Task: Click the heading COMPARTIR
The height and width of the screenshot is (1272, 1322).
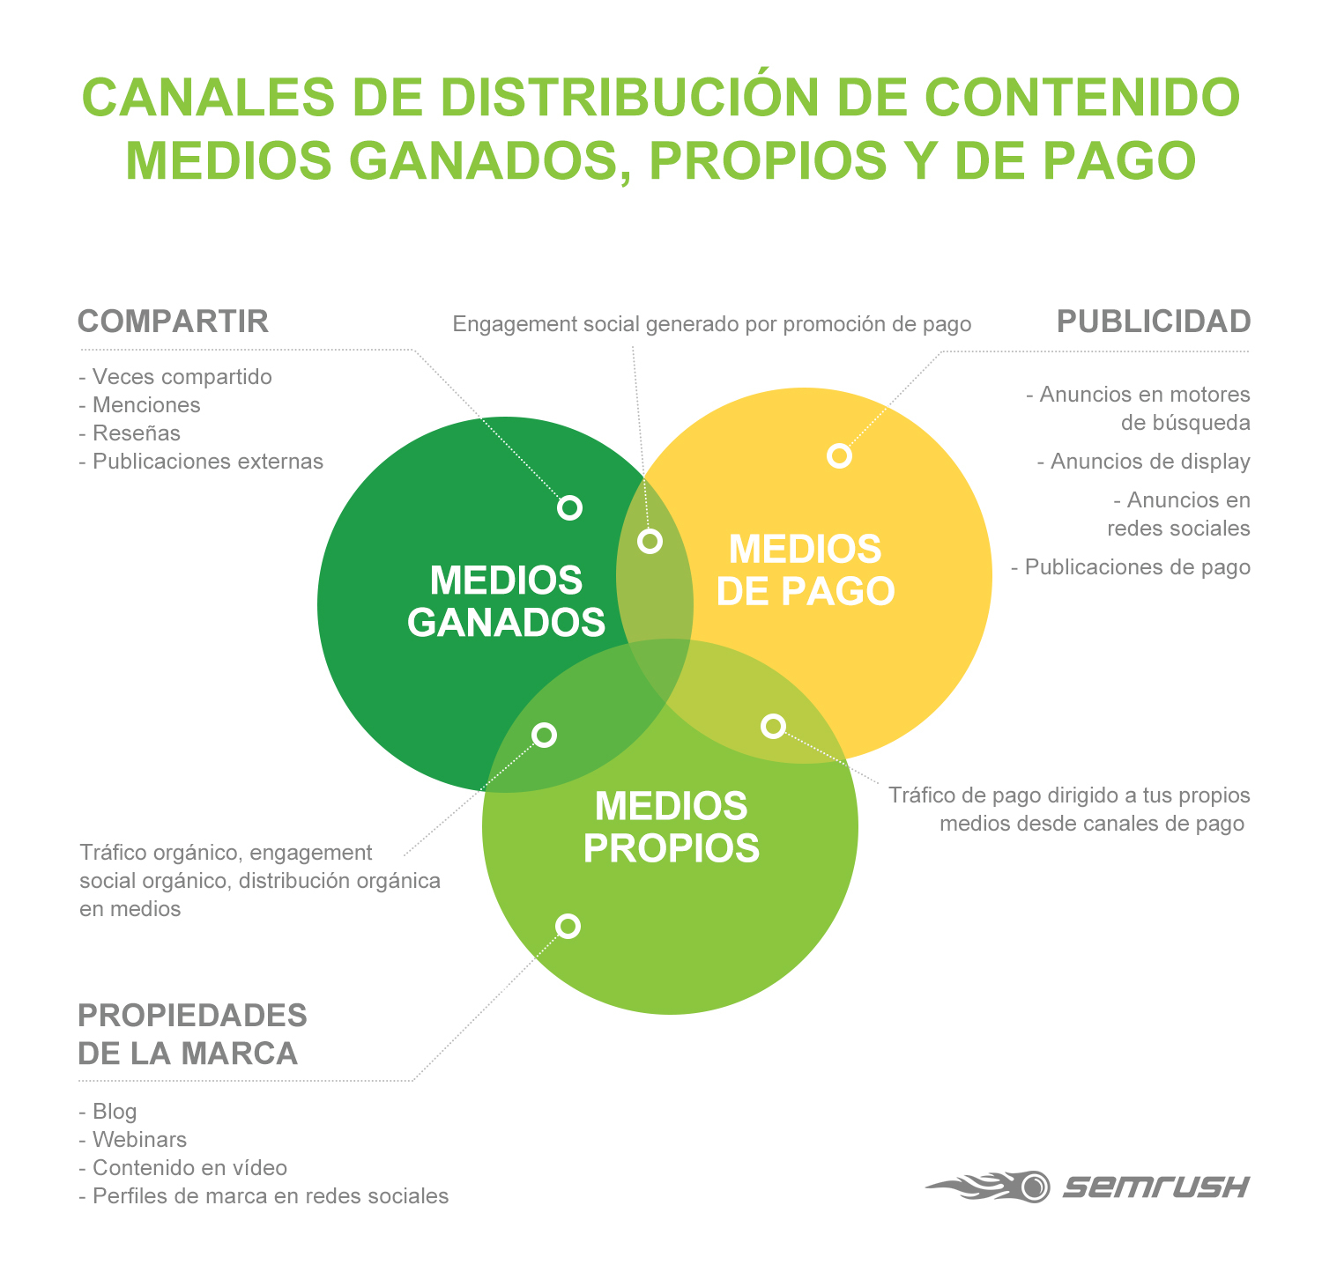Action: point(173,322)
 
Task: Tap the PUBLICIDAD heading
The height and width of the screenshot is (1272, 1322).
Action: point(1154,322)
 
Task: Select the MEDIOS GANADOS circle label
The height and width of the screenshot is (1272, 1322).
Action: point(506,601)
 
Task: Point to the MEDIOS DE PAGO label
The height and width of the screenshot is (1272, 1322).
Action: point(806,570)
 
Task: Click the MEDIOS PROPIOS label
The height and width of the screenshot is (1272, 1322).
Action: point(672,827)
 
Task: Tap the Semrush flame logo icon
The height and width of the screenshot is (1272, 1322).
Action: point(988,1186)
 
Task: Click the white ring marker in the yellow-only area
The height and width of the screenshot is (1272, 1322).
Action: point(839,455)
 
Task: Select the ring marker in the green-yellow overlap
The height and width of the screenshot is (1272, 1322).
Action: point(650,541)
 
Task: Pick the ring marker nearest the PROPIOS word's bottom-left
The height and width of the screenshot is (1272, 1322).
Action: point(568,926)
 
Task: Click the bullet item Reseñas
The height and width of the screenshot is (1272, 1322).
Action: point(130,433)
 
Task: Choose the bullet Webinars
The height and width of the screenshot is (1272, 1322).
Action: point(133,1140)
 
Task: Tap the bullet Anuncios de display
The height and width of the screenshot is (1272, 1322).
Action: point(1144,462)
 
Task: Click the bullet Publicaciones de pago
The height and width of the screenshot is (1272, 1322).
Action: point(1131,566)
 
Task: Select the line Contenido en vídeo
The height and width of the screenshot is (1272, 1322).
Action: point(183,1168)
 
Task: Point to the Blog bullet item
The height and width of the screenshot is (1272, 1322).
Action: point(108,1112)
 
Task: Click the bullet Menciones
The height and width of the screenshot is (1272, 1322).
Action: point(139,405)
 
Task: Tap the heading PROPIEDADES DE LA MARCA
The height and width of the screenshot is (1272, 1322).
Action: point(192,1034)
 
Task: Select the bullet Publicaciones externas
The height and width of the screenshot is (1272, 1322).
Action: point(201,462)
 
